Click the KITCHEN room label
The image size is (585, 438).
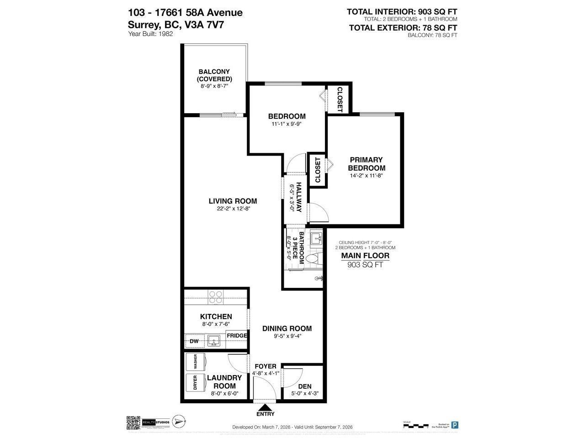point(216,317)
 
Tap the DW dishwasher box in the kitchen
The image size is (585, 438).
point(194,341)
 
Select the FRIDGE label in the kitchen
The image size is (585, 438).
point(237,335)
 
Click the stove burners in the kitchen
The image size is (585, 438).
point(216,297)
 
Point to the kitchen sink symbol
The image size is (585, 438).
point(213,340)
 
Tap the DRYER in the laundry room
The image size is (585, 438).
point(195,382)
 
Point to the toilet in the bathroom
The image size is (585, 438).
point(313,259)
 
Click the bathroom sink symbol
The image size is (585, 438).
point(316,238)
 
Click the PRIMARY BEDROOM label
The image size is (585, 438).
point(366,164)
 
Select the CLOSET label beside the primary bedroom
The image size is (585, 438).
point(318,170)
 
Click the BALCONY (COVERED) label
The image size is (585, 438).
point(214,75)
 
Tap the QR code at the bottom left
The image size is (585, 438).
point(133,422)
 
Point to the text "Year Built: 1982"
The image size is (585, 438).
point(151,34)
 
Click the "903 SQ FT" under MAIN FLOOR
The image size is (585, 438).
point(365,265)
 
